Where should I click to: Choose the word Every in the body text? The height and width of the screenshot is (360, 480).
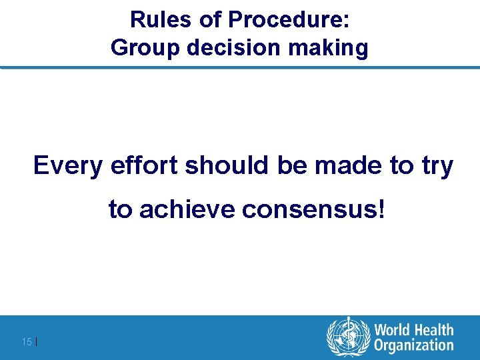click(68, 166)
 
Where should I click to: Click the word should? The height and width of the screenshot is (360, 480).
click(228, 165)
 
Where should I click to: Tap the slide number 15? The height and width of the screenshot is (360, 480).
click(27, 342)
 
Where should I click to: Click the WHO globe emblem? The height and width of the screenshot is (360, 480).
click(347, 337)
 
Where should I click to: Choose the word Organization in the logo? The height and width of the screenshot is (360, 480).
click(413, 345)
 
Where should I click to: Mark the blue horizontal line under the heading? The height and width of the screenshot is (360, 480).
click(240, 67)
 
